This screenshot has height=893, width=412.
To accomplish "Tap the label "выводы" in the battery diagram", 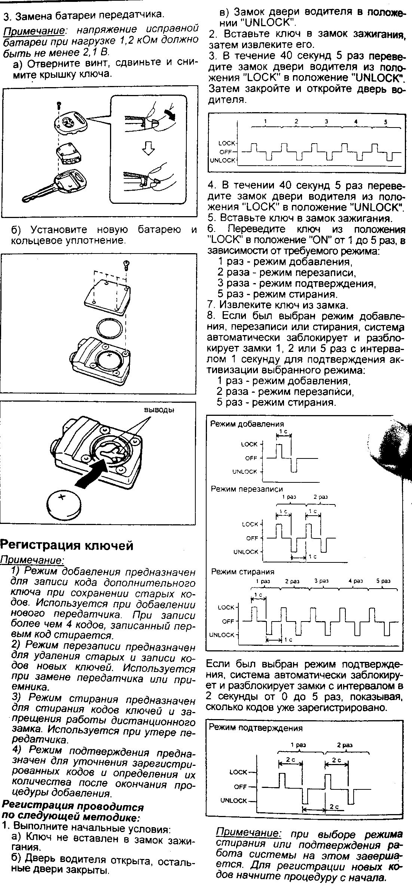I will tap(159, 410).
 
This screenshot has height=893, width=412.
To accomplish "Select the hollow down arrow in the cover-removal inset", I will tap(149, 149).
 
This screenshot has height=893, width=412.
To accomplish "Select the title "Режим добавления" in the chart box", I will tap(247, 424).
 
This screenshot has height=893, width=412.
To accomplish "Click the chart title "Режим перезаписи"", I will tap(247, 489).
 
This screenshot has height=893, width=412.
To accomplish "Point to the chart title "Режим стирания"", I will tap(243, 572).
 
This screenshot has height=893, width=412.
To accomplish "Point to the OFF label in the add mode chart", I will tap(251, 458).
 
